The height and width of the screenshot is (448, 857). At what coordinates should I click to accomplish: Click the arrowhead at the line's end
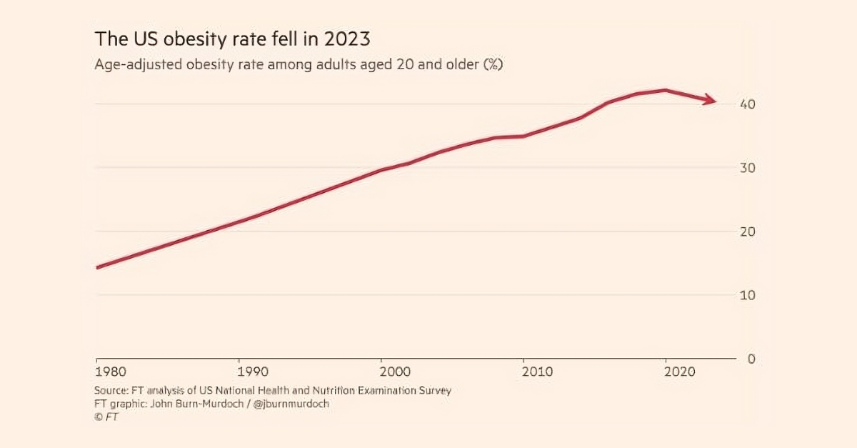[709, 100]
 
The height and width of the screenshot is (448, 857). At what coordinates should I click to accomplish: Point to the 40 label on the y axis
[748, 104]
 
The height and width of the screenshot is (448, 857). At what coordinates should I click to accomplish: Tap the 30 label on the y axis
[748, 168]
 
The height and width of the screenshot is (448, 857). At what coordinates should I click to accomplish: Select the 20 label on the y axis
[748, 232]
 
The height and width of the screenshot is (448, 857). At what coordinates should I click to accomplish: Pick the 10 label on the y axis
[748, 295]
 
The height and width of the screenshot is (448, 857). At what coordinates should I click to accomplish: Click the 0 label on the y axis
[751, 359]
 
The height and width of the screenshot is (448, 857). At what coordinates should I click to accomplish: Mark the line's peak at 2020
[666, 90]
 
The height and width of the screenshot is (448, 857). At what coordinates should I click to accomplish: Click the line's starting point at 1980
[96, 268]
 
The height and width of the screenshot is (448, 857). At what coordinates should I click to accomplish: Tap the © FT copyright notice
[106, 417]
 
